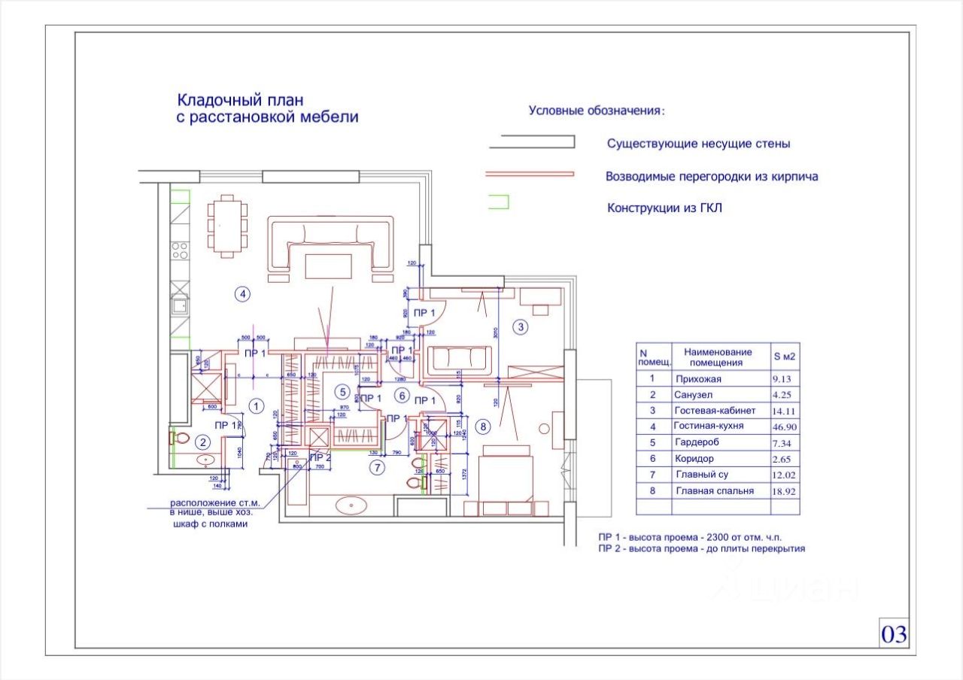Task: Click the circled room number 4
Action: pyautogui.click(x=242, y=294)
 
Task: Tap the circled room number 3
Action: pyautogui.click(x=521, y=326)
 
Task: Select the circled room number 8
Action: pyautogui.click(x=484, y=427)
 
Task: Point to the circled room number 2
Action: pyautogui.click(x=201, y=442)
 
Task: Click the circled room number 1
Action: pyautogui.click(x=257, y=406)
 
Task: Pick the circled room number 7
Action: pyautogui.click(x=378, y=467)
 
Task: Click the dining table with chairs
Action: pyautogui.click(x=228, y=225)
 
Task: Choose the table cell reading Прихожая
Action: pyautogui.click(x=698, y=379)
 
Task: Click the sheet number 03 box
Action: pyautogui.click(x=894, y=634)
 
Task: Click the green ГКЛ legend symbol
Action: pyautogui.click(x=500, y=202)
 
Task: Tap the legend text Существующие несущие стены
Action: pyautogui.click(x=698, y=143)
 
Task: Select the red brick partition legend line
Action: pyautogui.click(x=530, y=174)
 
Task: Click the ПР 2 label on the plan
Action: pyautogui.click(x=320, y=457)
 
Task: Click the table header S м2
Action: pyautogui.click(x=785, y=357)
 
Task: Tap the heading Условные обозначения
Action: pyautogui.click(x=597, y=111)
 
